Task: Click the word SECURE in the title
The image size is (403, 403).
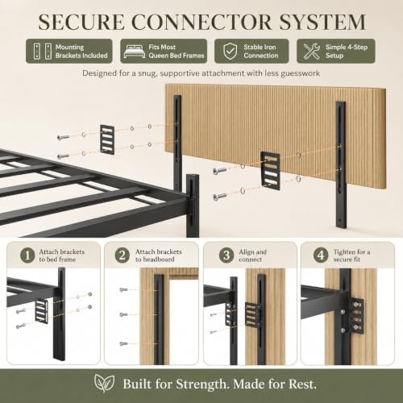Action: [81, 22]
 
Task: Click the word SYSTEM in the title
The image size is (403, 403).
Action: [322, 22]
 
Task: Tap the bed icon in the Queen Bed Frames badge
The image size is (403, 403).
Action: [135, 51]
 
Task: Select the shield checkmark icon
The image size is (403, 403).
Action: [231, 51]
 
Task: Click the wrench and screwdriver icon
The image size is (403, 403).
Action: [312, 51]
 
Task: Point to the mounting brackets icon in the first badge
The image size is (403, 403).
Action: [43, 51]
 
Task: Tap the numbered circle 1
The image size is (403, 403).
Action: [27, 256]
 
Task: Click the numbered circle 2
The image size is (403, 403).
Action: [123, 256]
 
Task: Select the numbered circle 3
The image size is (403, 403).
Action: [226, 256]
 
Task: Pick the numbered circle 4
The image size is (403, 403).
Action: [321, 256]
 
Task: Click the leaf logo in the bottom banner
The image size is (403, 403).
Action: [104, 384]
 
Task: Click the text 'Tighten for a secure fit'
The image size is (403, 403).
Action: [351, 256]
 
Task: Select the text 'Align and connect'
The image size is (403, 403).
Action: [252, 256]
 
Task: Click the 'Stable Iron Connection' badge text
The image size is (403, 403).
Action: [260, 51]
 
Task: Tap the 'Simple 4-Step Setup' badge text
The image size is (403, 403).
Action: [347, 51]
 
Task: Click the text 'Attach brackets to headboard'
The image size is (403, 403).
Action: [158, 256]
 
